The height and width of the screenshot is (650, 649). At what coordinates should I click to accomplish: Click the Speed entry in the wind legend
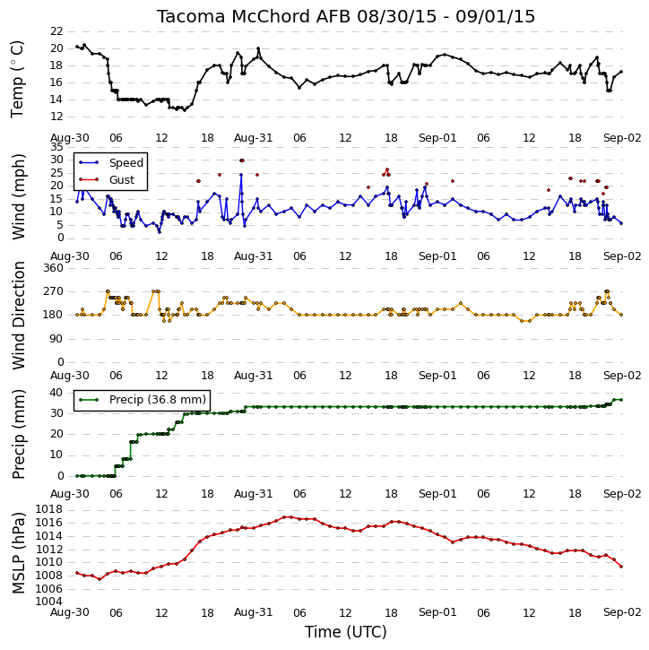point(111,163)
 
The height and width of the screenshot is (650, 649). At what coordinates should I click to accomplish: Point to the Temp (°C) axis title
point(17,80)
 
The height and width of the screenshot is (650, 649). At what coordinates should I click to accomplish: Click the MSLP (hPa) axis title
point(19,552)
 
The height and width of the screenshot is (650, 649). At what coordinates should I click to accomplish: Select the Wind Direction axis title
point(19,316)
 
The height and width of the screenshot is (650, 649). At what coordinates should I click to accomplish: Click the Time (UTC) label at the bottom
point(346,632)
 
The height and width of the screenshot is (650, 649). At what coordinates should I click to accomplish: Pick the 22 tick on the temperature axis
point(56,31)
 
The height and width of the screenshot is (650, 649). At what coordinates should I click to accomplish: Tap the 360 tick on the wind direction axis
point(54,268)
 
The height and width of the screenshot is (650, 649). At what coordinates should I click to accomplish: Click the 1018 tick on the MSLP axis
point(49,509)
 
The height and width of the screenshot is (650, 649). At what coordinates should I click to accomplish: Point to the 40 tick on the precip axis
point(56,393)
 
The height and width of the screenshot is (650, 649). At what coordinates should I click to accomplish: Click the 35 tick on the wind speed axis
point(56,147)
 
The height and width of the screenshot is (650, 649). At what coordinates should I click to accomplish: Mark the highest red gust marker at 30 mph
point(242,160)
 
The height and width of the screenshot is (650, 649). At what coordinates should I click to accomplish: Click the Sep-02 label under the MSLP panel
point(622,612)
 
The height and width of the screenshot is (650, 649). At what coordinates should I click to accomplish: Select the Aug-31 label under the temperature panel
point(253,138)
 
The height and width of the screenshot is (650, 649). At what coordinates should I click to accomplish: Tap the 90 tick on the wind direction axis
point(56,339)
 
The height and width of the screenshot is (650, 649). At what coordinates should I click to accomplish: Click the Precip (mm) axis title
point(19,434)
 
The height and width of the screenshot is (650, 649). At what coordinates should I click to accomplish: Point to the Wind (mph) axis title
point(19,196)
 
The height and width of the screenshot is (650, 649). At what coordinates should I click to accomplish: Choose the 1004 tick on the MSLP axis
point(49,602)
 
